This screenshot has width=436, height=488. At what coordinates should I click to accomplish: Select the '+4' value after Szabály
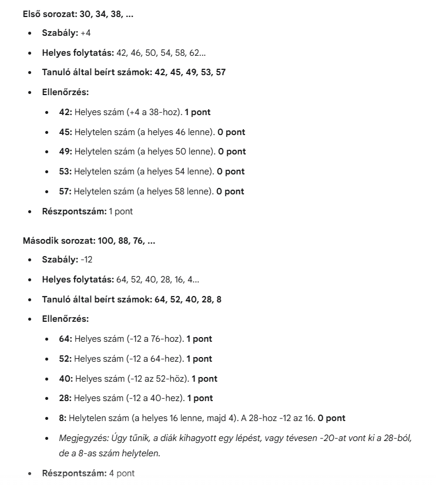tap(86, 33)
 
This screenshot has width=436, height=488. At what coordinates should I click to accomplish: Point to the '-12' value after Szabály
tap(86, 260)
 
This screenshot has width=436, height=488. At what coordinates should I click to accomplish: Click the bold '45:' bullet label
tap(65, 132)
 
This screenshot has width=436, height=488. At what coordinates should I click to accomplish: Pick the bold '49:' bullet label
tap(65, 152)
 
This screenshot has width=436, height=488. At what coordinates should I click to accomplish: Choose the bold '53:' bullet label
tap(65, 171)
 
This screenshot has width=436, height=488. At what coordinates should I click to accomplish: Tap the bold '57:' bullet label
tap(65, 191)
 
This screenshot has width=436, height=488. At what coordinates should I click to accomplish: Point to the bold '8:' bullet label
tap(63, 418)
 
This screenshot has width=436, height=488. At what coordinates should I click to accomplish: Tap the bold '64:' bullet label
tap(65, 339)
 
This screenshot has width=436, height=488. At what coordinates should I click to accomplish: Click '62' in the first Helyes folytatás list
tap(198, 53)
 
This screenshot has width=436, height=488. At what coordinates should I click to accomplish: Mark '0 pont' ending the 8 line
tap(331, 418)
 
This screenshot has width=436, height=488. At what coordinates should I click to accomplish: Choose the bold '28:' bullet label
tap(65, 398)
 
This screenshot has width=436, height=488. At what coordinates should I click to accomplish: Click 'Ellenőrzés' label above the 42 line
tap(65, 92)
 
